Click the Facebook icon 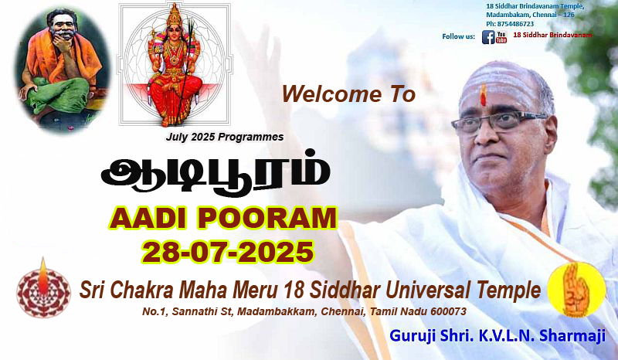pos(488,37)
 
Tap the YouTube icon pos(501,37)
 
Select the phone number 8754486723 pos(515,24)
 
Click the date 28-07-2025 pos(228,252)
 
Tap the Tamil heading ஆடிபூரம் pos(216,173)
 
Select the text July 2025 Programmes pos(225,138)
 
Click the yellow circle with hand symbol pos(576,290)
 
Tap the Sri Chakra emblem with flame pos(43,289)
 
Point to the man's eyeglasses pos(498,123)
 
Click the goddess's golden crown pos(174,15)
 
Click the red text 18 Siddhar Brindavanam pos(552,35)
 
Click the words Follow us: pos(458,36)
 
